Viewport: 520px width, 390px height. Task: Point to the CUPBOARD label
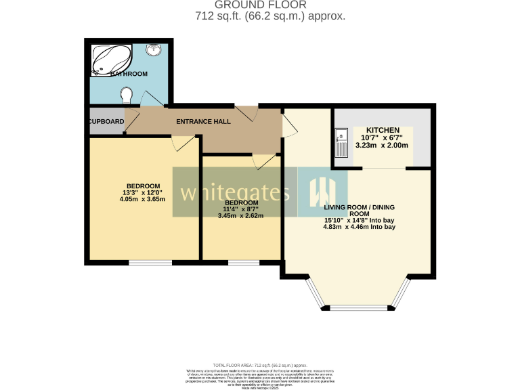106,122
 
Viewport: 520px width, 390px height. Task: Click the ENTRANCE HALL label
203,122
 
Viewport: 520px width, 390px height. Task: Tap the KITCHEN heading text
383,130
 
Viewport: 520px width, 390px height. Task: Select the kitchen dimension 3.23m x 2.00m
383,145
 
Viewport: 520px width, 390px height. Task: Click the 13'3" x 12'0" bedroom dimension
143,192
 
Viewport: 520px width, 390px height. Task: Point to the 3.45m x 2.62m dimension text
240,216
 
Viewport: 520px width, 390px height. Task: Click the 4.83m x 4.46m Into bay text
359,227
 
